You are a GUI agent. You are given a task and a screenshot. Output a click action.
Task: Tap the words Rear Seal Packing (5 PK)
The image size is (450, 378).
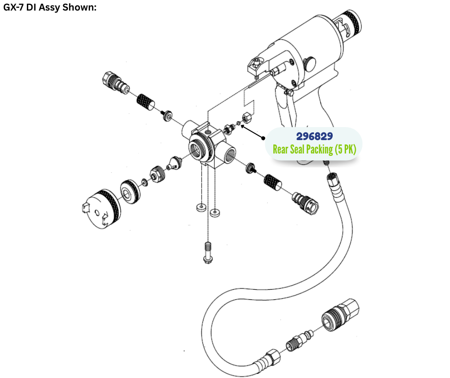pyautogui.click(x=314, y=149)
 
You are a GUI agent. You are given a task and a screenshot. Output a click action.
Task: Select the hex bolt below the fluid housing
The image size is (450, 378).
pyautogui.click(x=207, y=252)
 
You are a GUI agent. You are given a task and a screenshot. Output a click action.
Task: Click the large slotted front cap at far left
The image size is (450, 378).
pyautogui.click(x=98, y=209)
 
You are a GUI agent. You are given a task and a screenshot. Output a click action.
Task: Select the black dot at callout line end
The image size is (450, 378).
pyautogui.click(x=264, y=138)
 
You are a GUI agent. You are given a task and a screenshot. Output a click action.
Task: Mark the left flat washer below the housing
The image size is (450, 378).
pyautogui.click(x=199, y=208)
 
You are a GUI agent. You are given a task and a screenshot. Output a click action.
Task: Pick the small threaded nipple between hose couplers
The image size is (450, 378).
pyautogui.click(x=292, y=344)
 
